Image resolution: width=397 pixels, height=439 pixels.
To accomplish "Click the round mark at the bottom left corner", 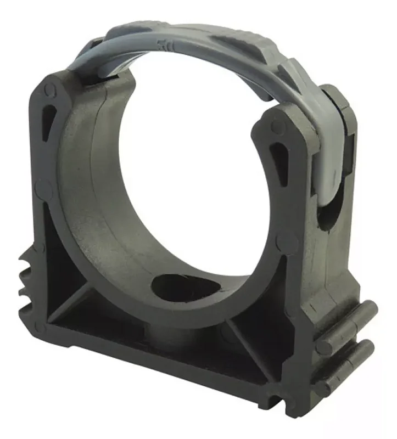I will [39, 328].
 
